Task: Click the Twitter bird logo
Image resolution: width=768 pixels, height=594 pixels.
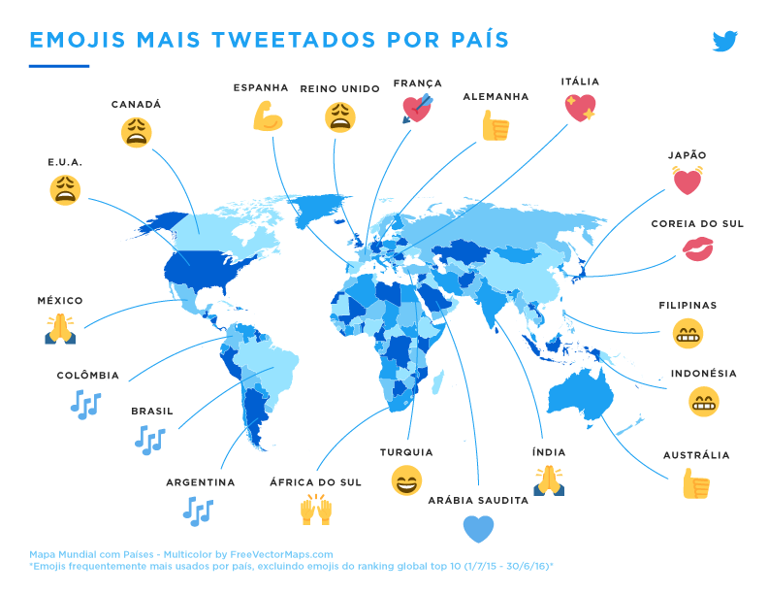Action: point(725,41)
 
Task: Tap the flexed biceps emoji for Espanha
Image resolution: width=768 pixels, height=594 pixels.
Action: point(267,117)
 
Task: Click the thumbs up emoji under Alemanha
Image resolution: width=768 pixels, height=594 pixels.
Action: point(496,125)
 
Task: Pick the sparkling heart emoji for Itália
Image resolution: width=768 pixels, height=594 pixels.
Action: point(581,108)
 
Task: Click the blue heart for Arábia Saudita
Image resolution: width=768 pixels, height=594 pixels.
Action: point(478,529)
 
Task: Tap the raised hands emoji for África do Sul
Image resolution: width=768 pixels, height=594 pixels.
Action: point(316,509)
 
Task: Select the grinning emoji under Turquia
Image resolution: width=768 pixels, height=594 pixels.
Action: point(406,480)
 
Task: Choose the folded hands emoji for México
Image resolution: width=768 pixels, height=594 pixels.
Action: point(60,329)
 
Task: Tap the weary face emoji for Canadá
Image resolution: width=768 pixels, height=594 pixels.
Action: point(137,132)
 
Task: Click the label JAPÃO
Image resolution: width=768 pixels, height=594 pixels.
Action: point(687,155)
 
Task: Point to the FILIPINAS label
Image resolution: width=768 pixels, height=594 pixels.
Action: point(688,305)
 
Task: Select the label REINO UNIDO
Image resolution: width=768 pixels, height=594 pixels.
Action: point(339,88)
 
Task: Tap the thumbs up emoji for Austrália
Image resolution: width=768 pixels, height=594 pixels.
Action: point(695,482)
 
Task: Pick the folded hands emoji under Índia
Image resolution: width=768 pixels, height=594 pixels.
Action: point(548,479)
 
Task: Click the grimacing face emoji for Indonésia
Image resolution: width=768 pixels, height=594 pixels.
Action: point(703,401)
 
